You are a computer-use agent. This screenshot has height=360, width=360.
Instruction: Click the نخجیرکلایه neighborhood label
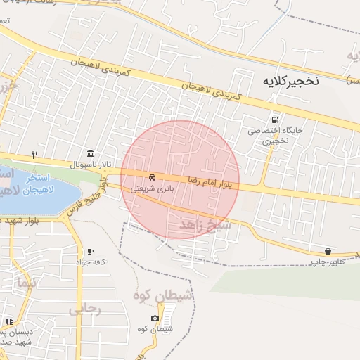(290, 81)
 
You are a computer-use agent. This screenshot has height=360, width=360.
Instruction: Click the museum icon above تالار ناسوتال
(90, 154)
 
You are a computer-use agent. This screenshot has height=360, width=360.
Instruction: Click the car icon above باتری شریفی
(153, 176)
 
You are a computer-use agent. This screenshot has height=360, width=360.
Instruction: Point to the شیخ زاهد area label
(205, 225)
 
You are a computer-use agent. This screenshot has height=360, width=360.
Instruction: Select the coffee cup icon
(90, 252)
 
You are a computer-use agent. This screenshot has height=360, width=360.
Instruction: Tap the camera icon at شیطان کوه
(155, 319)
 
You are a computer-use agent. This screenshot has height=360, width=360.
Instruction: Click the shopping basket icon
(328, 251)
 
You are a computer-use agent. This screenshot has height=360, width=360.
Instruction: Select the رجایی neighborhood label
(86, 309)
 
